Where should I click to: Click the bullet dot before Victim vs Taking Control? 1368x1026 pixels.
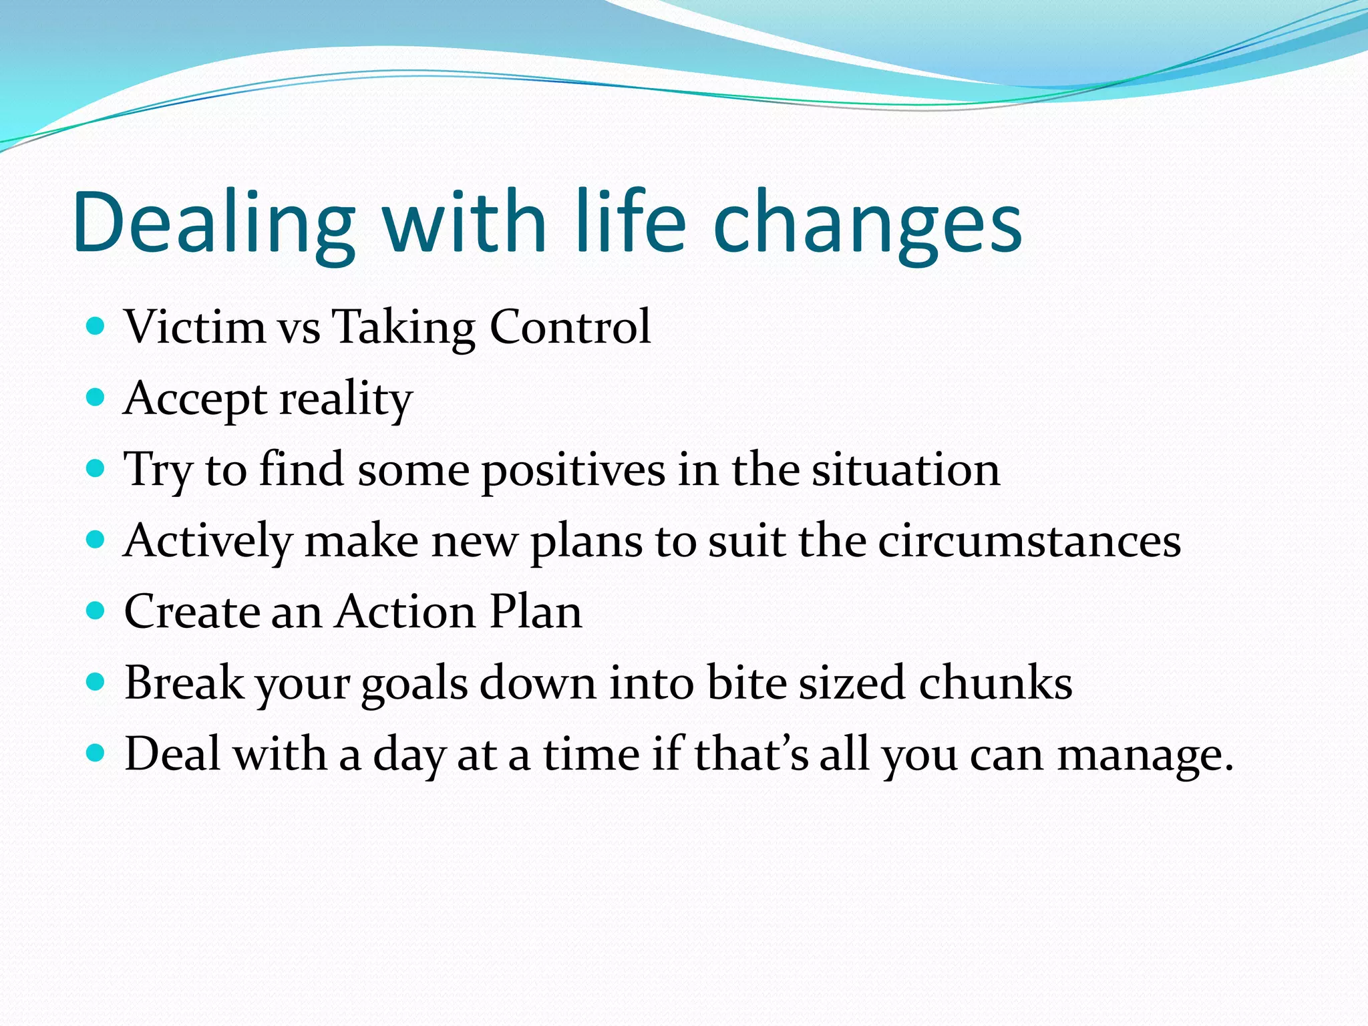[96, 327]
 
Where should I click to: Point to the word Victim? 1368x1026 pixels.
[195, 327]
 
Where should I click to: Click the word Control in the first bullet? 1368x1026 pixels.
[570, 327]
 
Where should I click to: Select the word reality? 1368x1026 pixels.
[346, 399]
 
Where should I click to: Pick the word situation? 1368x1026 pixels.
[906, 470]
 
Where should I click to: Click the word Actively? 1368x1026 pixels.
[208, 542]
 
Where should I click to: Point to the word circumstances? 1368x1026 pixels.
[1029, 540]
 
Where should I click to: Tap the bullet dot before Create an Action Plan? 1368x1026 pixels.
[96, 611]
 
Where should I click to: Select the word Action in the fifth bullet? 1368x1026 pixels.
[405, 611]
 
